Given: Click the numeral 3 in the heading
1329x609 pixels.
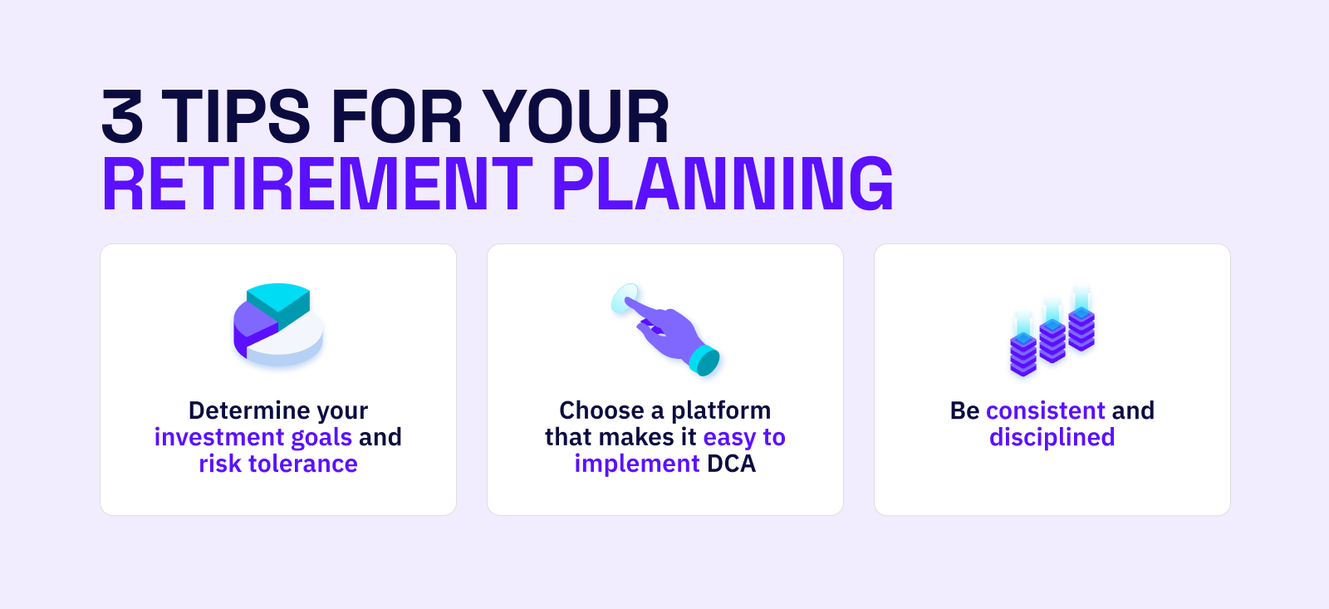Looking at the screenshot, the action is pyautogui.click(x=122, y=115).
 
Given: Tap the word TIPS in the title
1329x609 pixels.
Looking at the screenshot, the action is pyautogui.click(x=235, y=115).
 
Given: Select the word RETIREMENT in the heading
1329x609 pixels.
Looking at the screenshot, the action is pyautogui.click(x=317, y=184).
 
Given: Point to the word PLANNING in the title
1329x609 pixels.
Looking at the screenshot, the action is pyautogui.click(x=723, y=184).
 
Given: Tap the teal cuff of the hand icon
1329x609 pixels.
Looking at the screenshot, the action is pyautogui.click(x=704, y=361).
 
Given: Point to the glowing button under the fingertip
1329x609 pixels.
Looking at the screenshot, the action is pyautogui.click(x=625, y=297).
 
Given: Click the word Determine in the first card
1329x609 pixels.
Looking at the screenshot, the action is pyautogui.click(x=248, y=410).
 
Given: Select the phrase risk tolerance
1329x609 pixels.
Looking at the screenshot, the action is pyautogui.click(x=278, y=464).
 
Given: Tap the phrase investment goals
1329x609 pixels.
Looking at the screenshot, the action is pyautogui.click(x=253, y=438).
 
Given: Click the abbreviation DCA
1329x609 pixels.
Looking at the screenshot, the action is pyautogui.click(x=731, y=464).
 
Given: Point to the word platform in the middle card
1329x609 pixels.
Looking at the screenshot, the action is pyautogui.click(x=721, y=411).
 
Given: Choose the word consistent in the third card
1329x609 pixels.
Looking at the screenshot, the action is pyautogui.click(x=1046, y=410).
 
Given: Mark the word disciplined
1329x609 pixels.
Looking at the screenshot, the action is pyautogui.click(x=1052, y=438).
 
